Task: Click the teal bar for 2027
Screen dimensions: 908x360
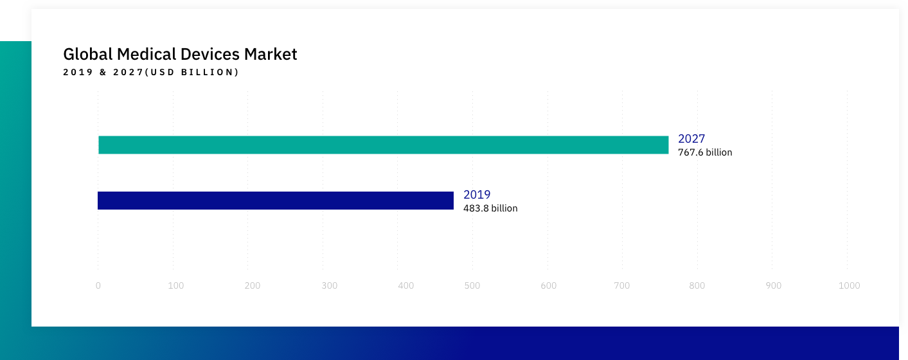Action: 384,145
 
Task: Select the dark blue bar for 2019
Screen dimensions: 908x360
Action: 276,201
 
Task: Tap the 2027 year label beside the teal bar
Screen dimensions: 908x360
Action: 691,139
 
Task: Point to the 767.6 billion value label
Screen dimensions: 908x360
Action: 705,152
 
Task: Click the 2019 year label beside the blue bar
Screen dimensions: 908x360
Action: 477,195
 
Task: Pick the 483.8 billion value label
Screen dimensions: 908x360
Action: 490,208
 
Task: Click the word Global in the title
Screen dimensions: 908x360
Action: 87,54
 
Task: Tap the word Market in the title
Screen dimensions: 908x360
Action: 271,54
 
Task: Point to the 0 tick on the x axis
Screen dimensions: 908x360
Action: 98,285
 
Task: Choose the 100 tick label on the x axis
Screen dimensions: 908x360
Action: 176,285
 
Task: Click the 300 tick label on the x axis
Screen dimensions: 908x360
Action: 330,285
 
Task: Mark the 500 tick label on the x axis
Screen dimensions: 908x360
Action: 472,285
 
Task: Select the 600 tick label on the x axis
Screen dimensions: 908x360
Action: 548,285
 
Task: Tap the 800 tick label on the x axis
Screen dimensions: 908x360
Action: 697,285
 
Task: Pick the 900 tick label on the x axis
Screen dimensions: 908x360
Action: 774,285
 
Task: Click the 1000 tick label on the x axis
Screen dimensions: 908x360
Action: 850,285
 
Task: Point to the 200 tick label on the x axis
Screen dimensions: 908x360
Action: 252,285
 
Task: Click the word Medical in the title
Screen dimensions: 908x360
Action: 147,54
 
